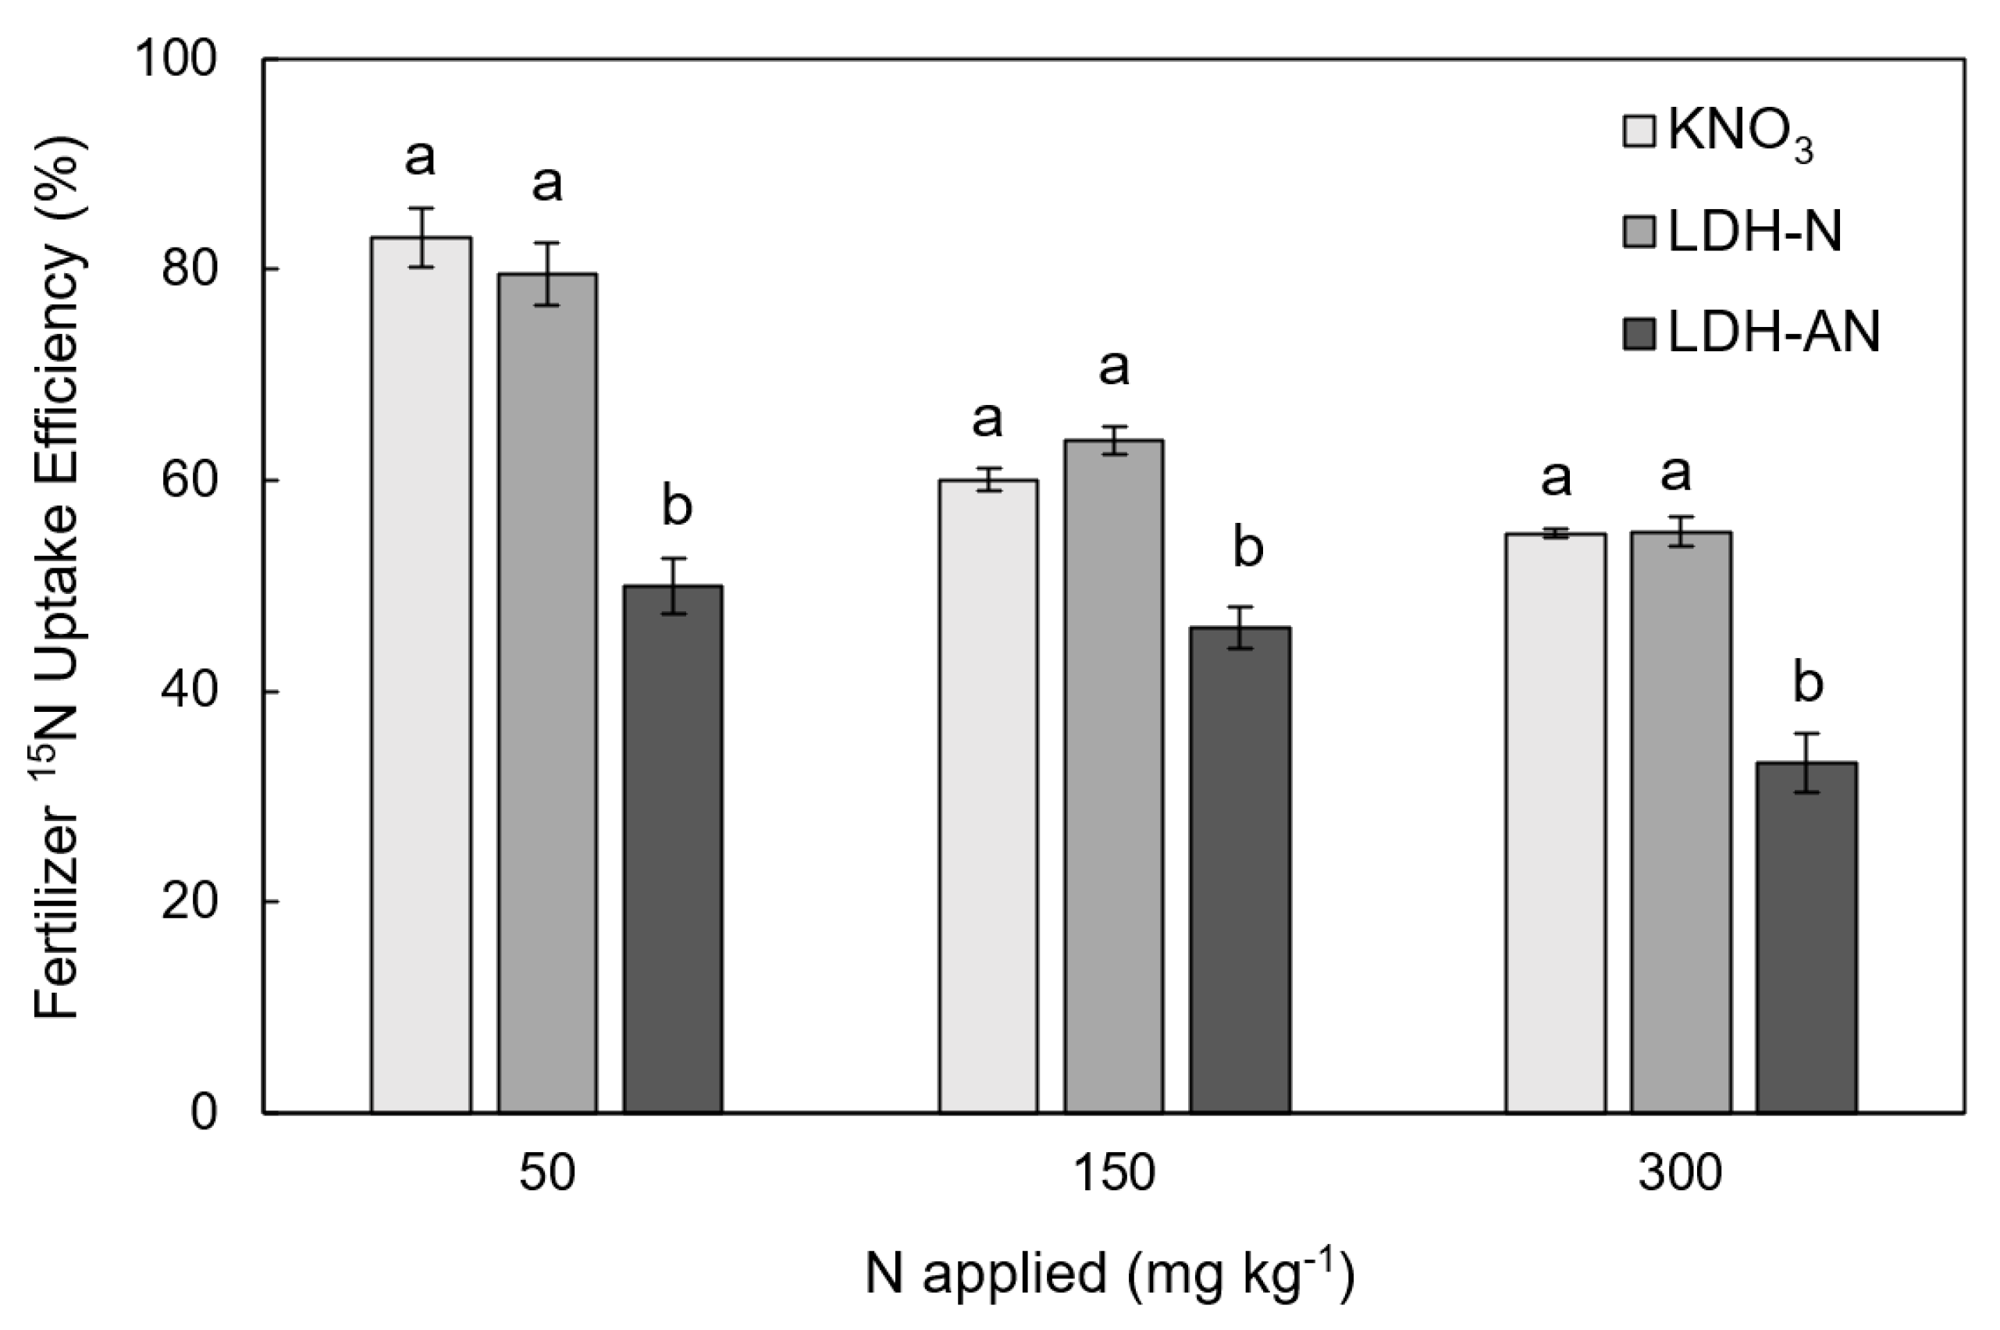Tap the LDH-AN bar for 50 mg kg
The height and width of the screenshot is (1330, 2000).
[673, 848]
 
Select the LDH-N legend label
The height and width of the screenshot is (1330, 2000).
[1754, 232]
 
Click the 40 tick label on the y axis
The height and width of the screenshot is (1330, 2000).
[188, 692]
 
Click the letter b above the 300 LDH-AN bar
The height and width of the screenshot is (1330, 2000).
[1807, 685]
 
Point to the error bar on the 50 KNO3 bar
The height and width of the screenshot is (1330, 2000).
[421, 236]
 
